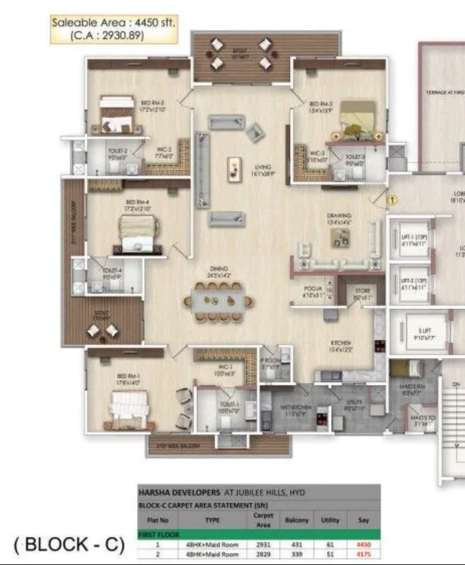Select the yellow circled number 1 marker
pyautogui.click(x=393, y=199)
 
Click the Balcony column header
pyautogui.click(x=297, y=519)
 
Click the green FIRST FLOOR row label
pyautogui.click(x=158, y=535)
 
